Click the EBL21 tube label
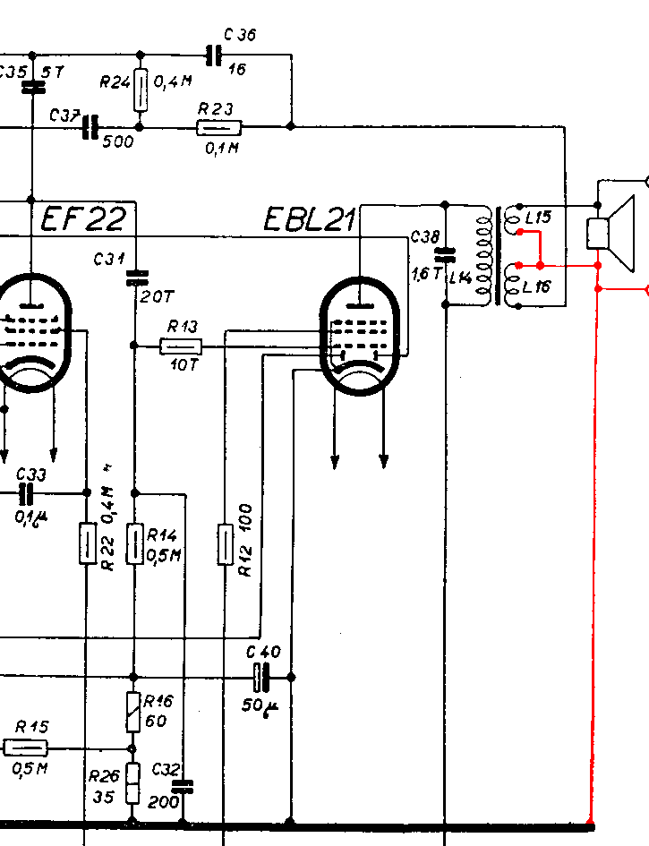[310, 220]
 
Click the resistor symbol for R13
[181, 346]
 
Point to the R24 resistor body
[140, 90]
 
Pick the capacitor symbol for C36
[212, 56]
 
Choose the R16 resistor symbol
[133, 712]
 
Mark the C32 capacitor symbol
[184, 787]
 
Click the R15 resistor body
[26, 748]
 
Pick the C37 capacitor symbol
[90, 128]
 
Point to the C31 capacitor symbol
[135, 276]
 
